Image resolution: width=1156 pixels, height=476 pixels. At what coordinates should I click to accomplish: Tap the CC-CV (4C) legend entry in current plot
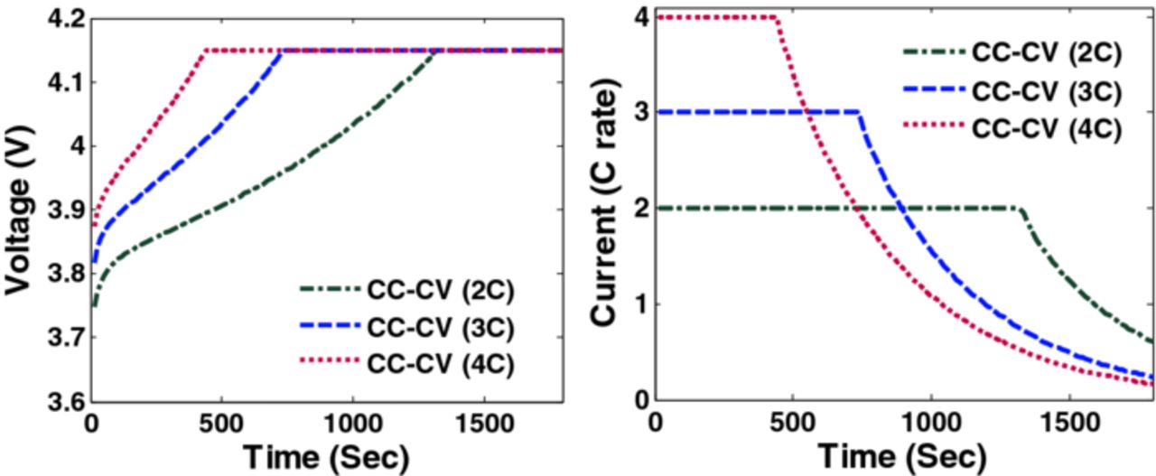tap(1046, 127)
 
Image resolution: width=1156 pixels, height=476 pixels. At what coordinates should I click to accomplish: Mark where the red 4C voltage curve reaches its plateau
tap(207, 51)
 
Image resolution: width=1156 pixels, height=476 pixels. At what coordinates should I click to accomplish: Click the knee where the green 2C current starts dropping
tap(1021, 209)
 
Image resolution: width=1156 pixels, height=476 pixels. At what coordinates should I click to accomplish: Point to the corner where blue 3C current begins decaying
tap(858, 112)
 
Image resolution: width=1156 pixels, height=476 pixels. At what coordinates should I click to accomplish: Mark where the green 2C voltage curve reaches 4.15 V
tap(436, 51)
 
